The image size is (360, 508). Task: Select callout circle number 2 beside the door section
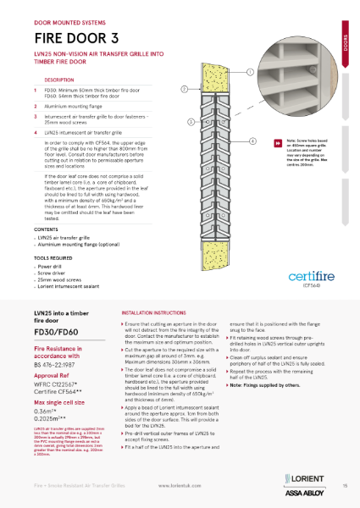pos(184,89)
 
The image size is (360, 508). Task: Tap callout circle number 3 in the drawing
pos(191,121)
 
